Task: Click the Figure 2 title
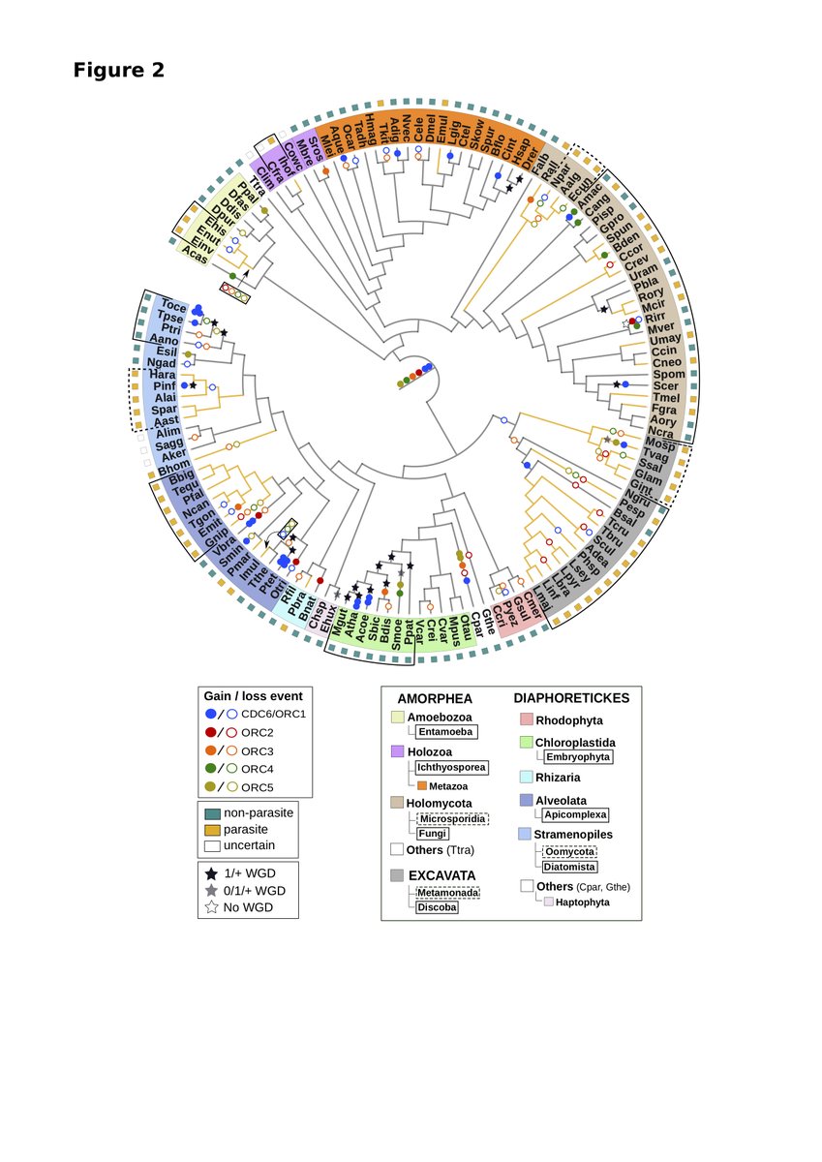[x=119, y=71]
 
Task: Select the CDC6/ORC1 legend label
[x=272, y=715]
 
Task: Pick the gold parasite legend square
[x=212, y=830]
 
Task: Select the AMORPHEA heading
[x=433, y=697]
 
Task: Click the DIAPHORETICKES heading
[x=571, y=697]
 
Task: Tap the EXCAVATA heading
[x=441, y=874]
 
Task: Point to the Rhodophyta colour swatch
[x=527, y=719]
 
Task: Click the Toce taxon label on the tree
[x=174, y=305]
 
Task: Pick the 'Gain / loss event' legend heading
[x=253, y=695]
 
